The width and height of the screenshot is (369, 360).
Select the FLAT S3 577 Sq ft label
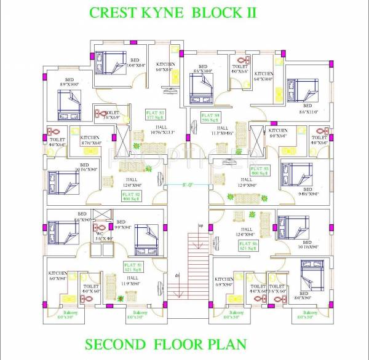click(x=155, y=115)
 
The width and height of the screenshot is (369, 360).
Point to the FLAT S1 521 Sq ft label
click(x=134, y=267)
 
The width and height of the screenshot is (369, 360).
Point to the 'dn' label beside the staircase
click(x=177, y=276)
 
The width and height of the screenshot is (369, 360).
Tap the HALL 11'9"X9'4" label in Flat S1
click(x=135, y=282)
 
